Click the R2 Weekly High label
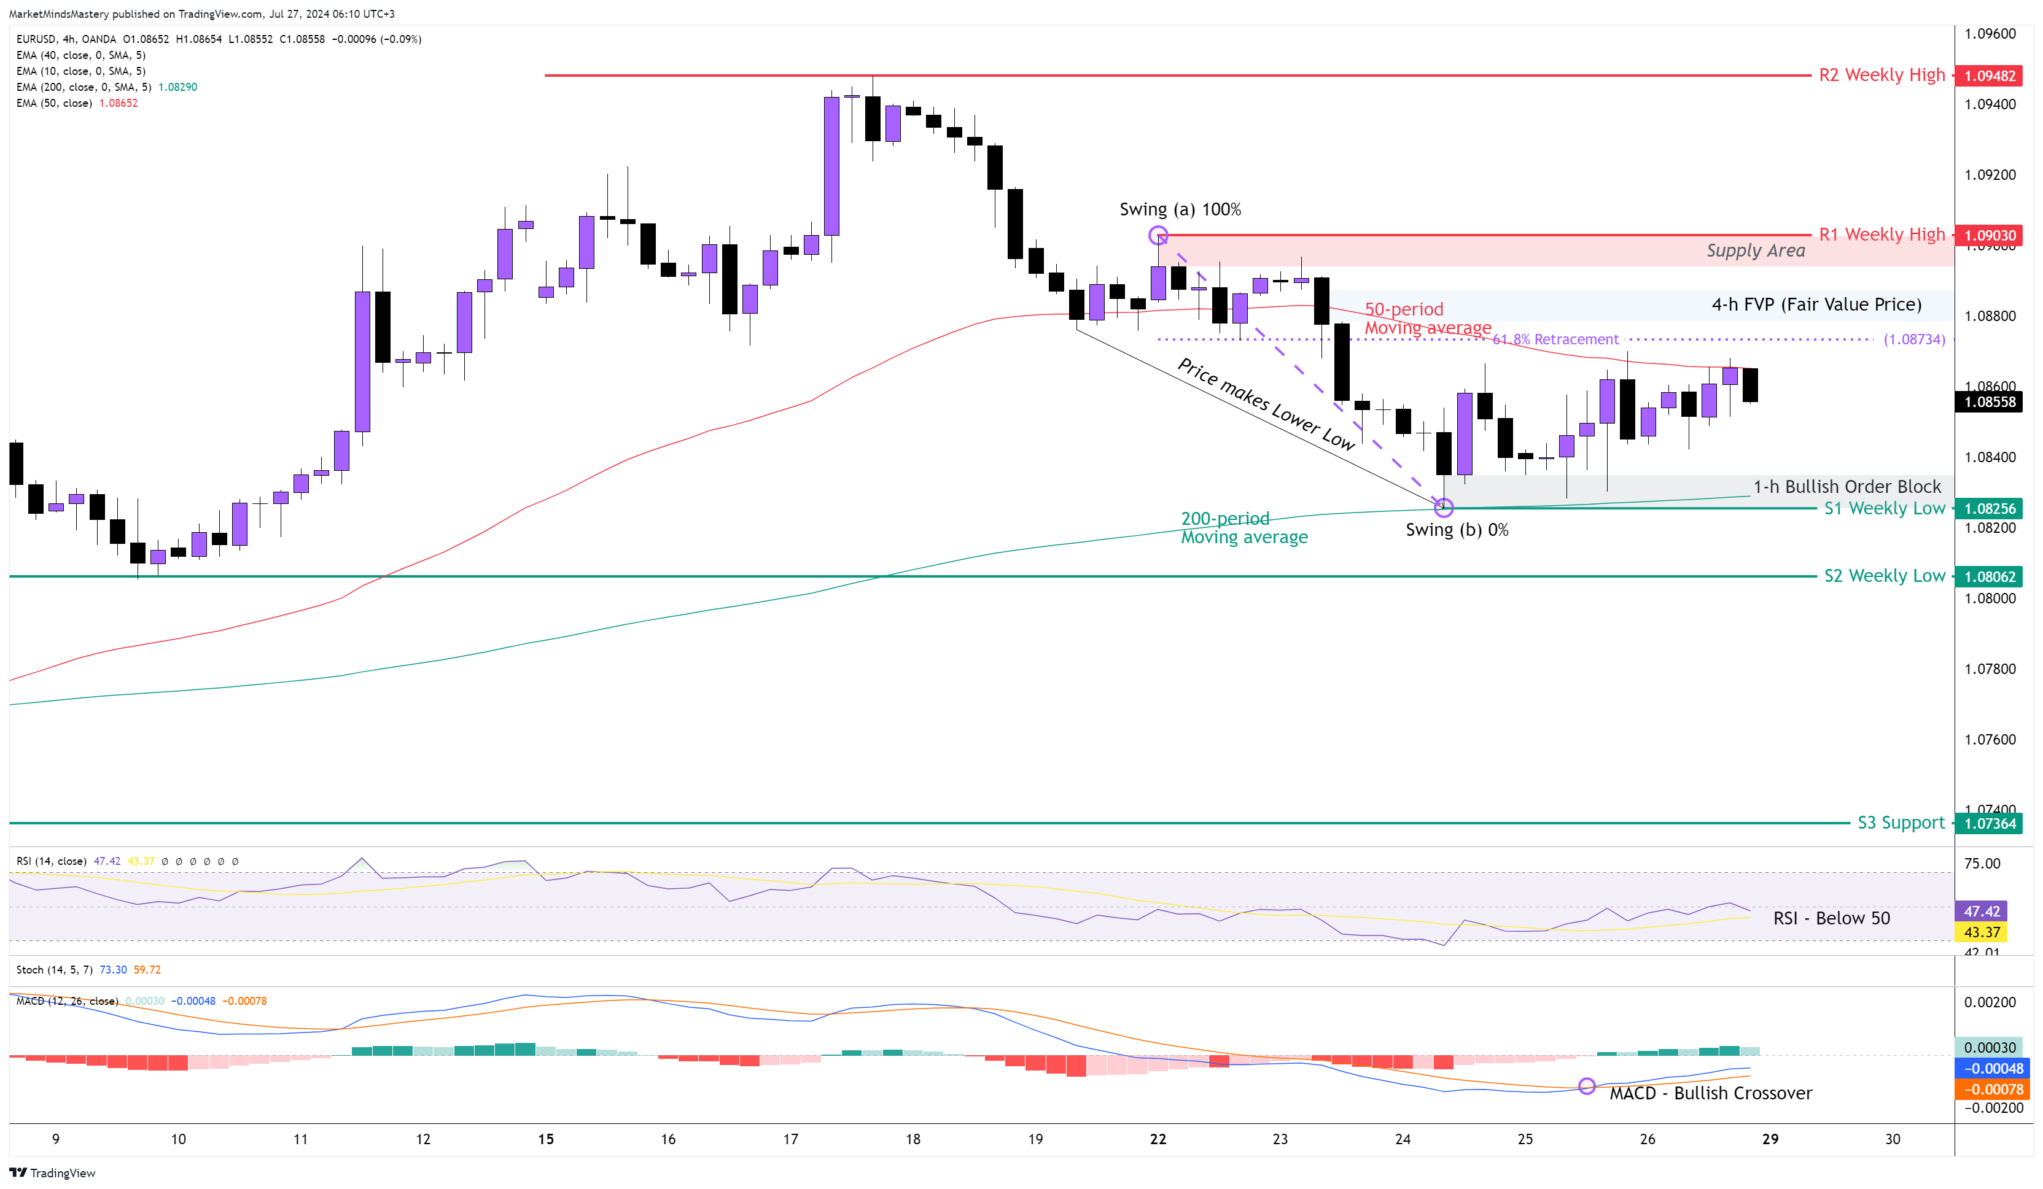click(x=1881, y=76)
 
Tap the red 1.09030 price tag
click(x=1990, y=236)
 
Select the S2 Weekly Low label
click(x=1883, y=576)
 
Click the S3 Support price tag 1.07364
click(x=1990, y=824)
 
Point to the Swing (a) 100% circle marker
click(x=1158, y=236)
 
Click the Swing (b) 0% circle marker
click(x=1444, y=508)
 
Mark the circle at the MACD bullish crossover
click(x=1587, y=1085)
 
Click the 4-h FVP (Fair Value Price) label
click(x=1816, y=304)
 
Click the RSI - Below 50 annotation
click(x=1831, y=918)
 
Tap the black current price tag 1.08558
click(x=1990, y=402)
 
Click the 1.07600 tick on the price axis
click(x=1990, y=739)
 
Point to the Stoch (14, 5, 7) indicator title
click(x=54, y=969)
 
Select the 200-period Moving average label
click(x=1243, y=528)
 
